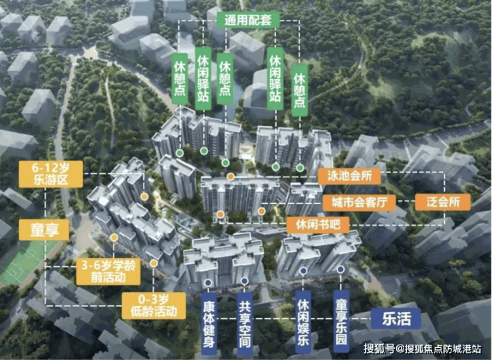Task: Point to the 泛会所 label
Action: [441, 202]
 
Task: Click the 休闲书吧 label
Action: [317, 224]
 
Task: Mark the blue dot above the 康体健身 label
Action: [209, 282]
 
